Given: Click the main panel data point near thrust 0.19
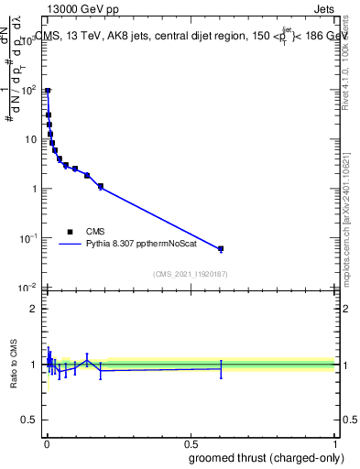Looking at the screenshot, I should click(x=101, y=186).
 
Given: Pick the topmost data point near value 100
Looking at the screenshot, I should click(x=48, y=91).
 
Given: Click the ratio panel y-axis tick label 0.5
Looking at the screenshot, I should click(x=29, y=421).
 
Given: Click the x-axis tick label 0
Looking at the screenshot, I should click(x=46, y=443).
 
